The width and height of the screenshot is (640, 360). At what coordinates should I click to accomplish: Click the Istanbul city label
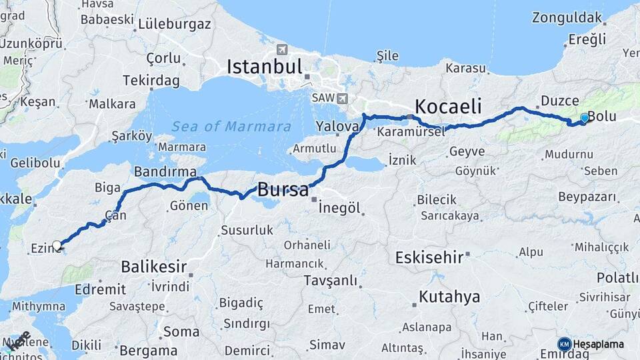click(x=265, y=67)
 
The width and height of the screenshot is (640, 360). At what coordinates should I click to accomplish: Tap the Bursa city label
click(x=283, y=189)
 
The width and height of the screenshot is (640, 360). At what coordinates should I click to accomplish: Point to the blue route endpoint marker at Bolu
click(x=585, y=118)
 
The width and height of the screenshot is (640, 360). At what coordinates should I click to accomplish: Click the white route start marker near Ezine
click(x=57, y=245)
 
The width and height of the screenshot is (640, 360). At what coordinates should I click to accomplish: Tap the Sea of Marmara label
click(x=231, y=127)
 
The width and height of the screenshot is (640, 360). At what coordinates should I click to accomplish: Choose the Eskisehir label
click(x=429, y=257)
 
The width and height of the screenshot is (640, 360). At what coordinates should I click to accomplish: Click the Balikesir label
click(x=153, y=267)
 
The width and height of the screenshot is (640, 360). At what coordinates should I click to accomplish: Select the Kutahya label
click(x=449, y=297)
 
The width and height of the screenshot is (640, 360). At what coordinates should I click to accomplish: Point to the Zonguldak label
click(x=567, y=18)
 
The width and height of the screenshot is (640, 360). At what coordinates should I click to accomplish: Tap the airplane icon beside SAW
click(x=343, y=99)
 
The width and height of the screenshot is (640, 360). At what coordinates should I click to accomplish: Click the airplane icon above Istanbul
click(x=282, y=49)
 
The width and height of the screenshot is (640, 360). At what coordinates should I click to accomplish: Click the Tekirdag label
click(x=151, y=80)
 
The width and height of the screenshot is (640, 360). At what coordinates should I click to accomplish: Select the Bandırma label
click(x=165, y=171)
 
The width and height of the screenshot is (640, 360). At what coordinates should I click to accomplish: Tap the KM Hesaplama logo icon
click(x=564, y=344)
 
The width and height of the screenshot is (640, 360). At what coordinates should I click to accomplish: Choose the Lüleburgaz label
click(x=175, y=25)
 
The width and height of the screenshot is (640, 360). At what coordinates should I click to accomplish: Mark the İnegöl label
click(x=339, y=208)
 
